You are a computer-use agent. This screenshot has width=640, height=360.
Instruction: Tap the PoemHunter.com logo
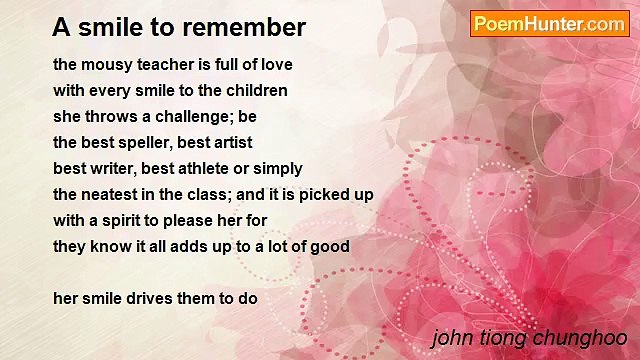[x=549, y=24]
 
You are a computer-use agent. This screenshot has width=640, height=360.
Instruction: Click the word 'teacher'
[x=166, y=64]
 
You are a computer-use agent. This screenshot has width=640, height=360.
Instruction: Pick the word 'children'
[x=256, y=90]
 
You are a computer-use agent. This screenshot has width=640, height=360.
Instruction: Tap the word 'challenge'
[x=196, y=116]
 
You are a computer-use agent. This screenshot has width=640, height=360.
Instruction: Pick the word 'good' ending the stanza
[x=330, y=246]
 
